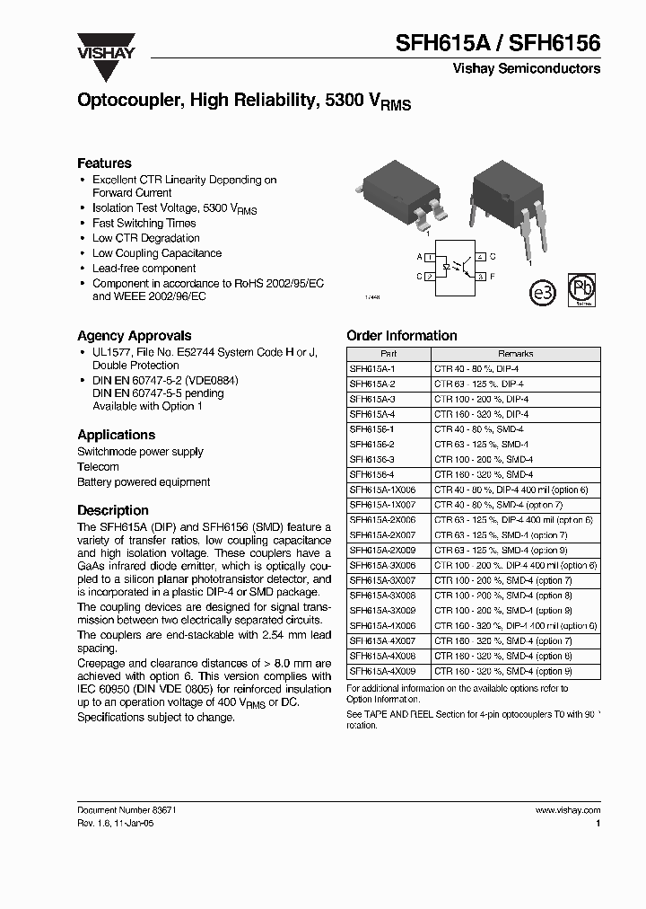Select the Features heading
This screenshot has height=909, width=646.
104,163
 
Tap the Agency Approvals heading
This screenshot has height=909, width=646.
134,335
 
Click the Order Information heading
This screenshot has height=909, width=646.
401,335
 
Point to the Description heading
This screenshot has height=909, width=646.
113,509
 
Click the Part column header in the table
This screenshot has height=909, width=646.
388,354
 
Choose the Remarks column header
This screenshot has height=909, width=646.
515,354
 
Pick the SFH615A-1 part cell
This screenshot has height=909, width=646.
365,369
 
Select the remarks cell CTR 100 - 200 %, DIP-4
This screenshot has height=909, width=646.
482,399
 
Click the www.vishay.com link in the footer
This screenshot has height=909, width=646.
567,809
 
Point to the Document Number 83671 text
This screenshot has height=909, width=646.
126,809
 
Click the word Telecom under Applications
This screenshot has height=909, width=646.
98,466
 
